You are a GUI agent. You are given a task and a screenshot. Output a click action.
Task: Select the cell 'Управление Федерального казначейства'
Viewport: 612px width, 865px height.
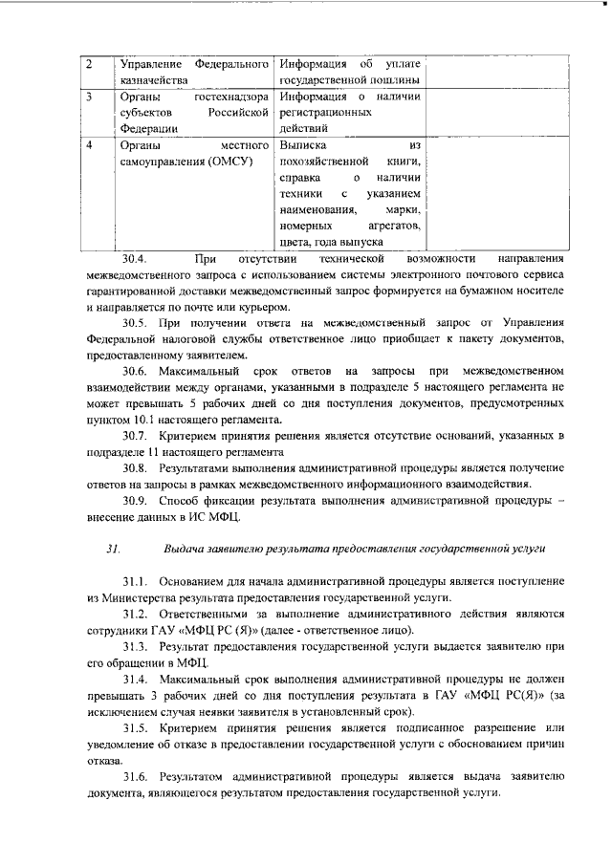point(192,73)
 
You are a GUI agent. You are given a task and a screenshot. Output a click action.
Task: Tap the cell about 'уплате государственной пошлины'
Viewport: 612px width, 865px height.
point(349,73)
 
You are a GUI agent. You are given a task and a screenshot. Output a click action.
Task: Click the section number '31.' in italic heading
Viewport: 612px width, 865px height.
point(114,550)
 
